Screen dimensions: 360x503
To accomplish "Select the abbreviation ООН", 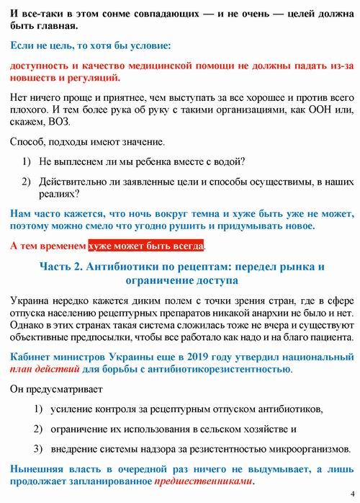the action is tap(323, 111).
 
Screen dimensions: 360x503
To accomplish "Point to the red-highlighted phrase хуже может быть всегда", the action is tap(146, 246).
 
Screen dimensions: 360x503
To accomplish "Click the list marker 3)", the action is tap(39, 448).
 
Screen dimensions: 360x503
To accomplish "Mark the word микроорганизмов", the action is tap(305, 448).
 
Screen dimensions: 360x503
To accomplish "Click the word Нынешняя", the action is tap(36, 468).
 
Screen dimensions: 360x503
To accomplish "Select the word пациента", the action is tap(329, 337).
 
